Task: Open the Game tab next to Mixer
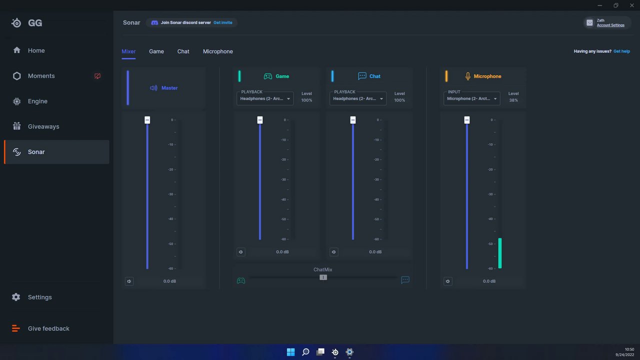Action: [x=156, y=51]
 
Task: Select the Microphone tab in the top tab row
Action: [x=217, y=51]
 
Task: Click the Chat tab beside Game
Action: [x=183, y=51]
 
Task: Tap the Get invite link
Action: [x=223, y=22]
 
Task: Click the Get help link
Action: [x=621, y=51]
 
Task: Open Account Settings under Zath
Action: [x=610, y=25]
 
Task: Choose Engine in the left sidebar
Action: [x=37, y=101]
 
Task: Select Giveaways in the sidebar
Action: [x=43, y=126]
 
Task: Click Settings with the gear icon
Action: [x=39, y=297]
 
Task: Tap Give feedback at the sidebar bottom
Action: [x=48, y=328]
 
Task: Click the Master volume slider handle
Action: [x=147, y=120]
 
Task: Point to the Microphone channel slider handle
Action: [x=467, y=120]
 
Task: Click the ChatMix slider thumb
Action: [x=323, y=277]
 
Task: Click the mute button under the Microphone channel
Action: [x=447, y=281]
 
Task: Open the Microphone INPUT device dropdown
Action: [x=471, y=98]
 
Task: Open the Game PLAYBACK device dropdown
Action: [x=265, y=98]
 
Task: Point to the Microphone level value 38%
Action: [x=513, y=100]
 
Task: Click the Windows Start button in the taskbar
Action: [x=290, y=352]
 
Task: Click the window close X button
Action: [x=631, y=5]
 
